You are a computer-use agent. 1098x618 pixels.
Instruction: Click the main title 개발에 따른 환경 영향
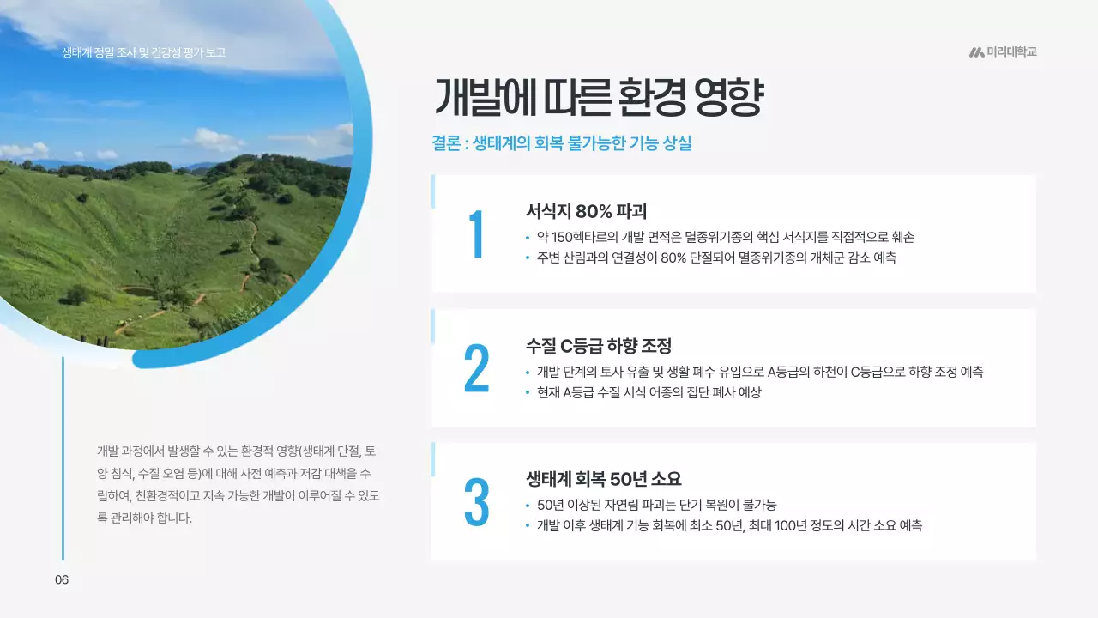point(598,98)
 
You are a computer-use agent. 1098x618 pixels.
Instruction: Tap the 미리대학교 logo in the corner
point(1003,52)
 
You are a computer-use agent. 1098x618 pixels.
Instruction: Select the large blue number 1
point(476,234)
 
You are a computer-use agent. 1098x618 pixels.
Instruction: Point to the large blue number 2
point(476,369)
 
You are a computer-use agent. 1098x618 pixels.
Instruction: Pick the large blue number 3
point(476,502)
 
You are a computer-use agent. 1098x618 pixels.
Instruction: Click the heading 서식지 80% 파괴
point(586,211)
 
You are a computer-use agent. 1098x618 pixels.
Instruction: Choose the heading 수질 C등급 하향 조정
point(598,346)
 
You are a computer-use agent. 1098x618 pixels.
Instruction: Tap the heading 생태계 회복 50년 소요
point(603,479)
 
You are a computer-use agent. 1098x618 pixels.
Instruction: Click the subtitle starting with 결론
point(561,143)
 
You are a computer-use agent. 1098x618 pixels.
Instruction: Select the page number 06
point(62,579)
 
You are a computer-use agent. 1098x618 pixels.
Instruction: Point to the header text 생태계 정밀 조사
point(143,52)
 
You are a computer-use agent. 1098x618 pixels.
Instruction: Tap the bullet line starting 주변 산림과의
point(715,257)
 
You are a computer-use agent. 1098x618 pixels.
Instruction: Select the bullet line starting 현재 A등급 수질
point(649,392)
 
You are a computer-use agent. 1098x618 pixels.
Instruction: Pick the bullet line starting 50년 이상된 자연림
point(656,505)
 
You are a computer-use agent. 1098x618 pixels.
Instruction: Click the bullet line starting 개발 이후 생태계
point(729,525)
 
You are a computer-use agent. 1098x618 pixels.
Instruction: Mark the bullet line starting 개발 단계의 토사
point(759,372)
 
